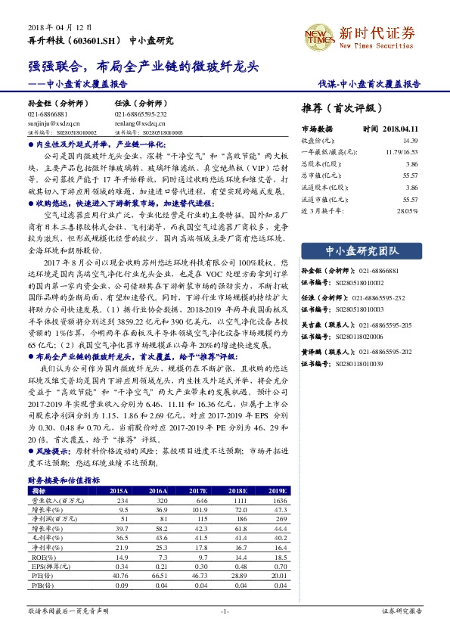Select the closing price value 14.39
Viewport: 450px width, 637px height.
point(410,141)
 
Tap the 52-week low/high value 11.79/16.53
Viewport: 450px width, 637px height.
point(402,152)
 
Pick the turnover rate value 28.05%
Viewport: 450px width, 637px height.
point(407,210)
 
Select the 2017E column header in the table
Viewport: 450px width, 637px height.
point(201,491)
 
